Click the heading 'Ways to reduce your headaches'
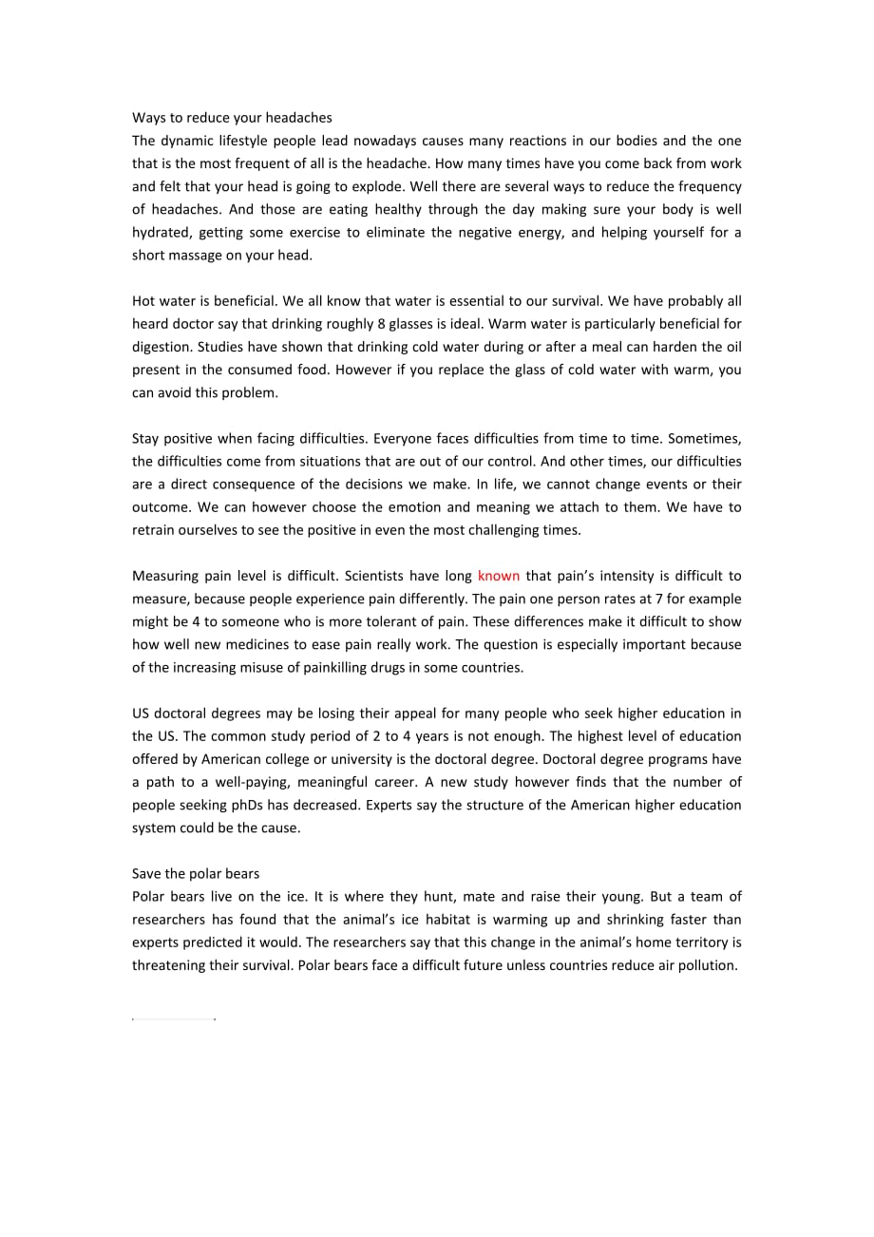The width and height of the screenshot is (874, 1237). [232, 118]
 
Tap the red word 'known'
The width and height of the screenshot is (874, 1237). [499, 576]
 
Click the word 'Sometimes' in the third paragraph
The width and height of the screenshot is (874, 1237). [708, 438]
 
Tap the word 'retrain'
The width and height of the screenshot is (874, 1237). [154, 529]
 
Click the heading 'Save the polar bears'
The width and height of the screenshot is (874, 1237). [196, 873]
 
